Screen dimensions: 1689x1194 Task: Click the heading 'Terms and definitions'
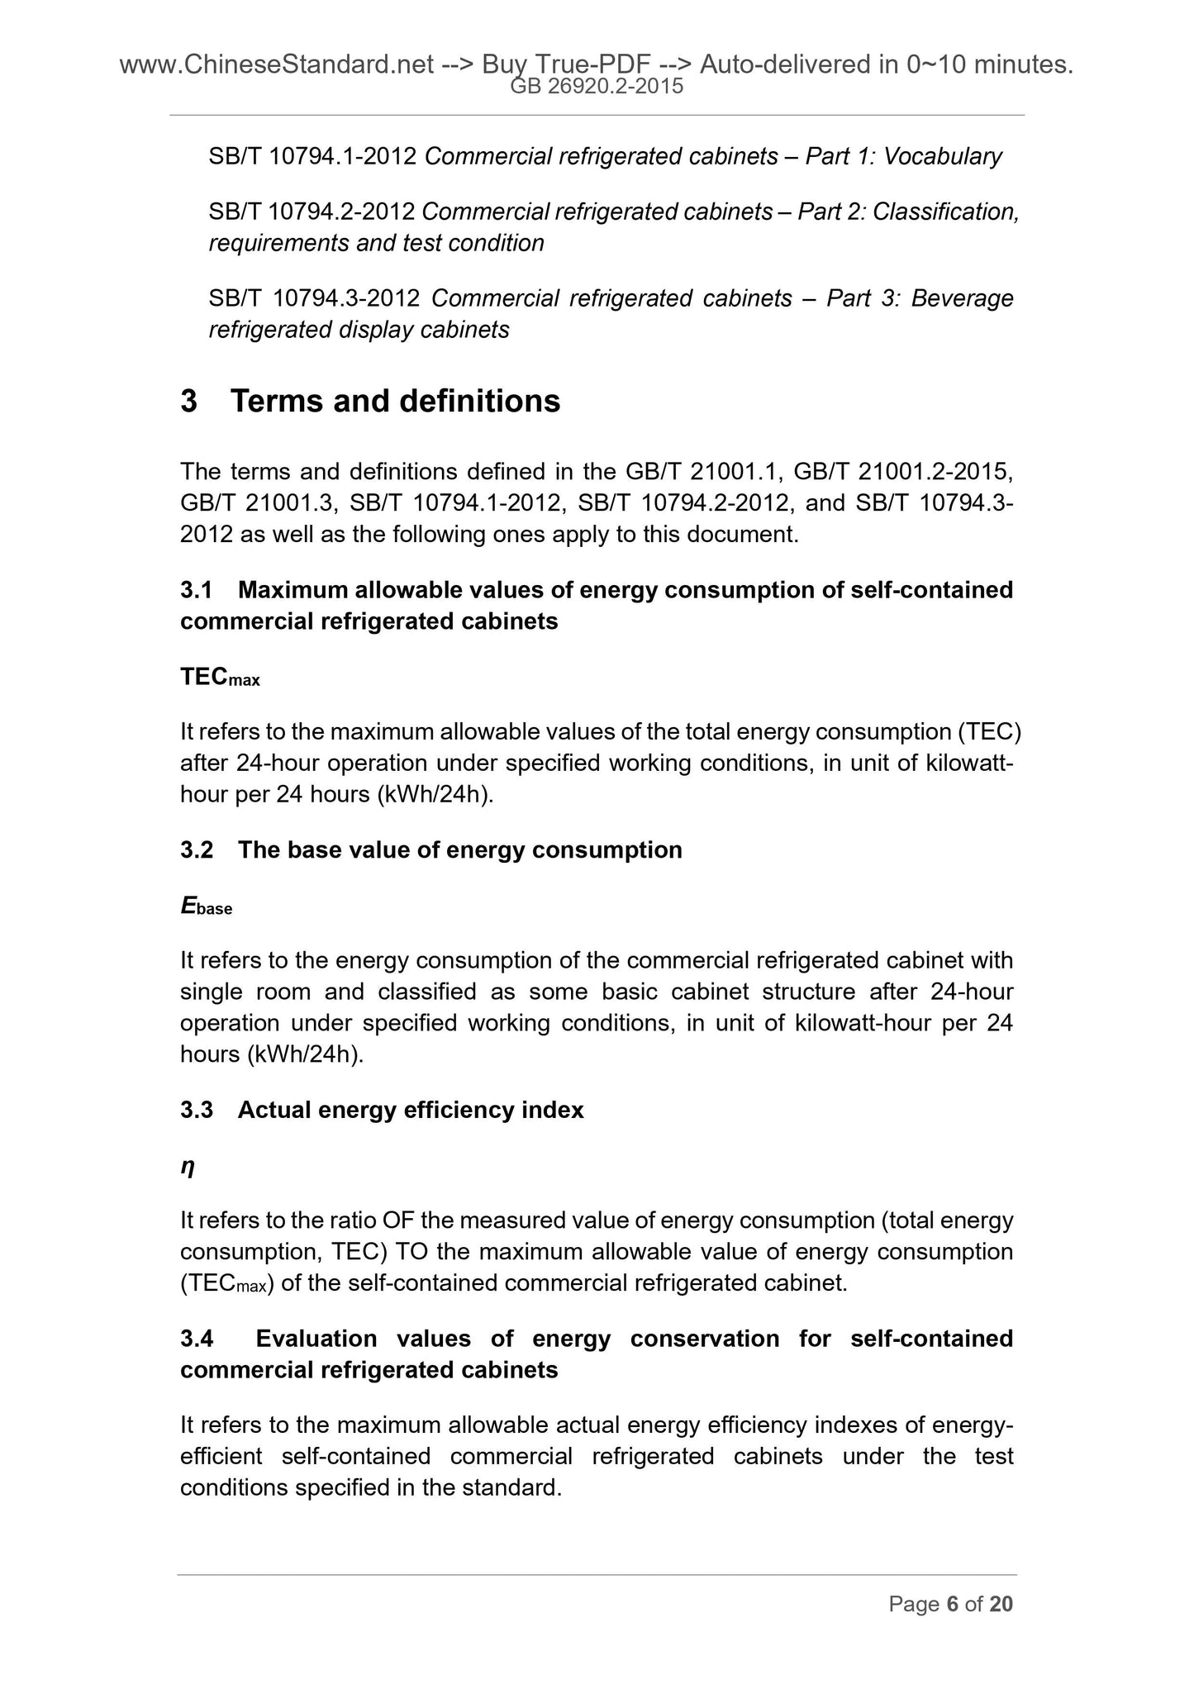395,402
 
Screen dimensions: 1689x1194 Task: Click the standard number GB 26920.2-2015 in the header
597,86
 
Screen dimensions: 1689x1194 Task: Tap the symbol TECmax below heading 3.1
220,678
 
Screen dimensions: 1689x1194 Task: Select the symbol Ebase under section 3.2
207,906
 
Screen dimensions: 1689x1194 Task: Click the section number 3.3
197,1110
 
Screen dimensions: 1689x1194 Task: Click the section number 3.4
197,1338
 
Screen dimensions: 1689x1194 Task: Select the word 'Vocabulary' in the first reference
942,156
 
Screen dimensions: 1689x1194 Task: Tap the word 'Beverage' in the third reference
962,297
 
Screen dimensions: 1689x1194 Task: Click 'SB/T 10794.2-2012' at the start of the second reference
312,212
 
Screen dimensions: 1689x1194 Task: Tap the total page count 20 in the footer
1001,1604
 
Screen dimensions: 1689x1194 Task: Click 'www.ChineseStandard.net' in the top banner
277,64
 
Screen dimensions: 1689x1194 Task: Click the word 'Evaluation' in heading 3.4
316,1338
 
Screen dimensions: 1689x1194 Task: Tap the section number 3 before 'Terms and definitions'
188,402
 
